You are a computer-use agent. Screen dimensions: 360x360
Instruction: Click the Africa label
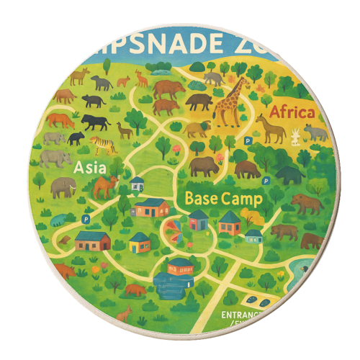pyautogui.click(x=292, y=112)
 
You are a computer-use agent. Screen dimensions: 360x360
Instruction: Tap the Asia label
pyautogui.click(x=90, y=168)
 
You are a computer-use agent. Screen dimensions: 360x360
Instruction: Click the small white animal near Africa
pyautogui.click(x=294, y=135)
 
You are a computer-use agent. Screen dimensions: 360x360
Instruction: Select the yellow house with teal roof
pyautogui.click(x=140, y=242)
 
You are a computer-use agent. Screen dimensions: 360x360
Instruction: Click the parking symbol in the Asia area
pyautogui.click(x=86, y=217)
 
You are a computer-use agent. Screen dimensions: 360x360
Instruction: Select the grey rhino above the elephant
pyautogui.click(x=53, y=158)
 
